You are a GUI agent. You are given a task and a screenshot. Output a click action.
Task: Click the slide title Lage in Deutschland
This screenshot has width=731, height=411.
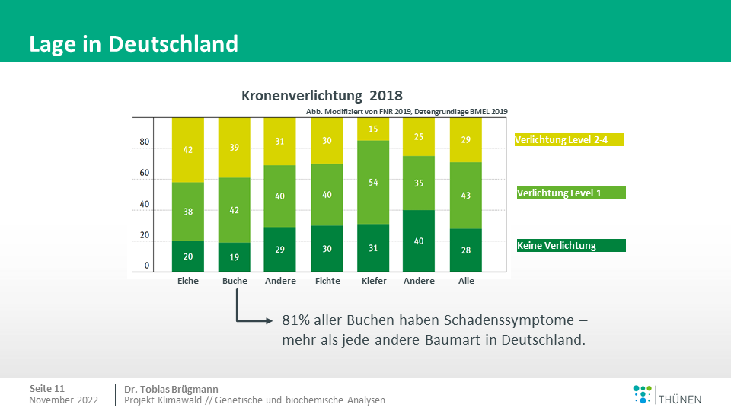tap(133, 43)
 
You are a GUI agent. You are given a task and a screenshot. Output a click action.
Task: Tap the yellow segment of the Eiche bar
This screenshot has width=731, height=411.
tap(188, 150)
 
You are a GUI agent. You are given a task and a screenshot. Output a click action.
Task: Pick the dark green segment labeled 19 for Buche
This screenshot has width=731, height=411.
tap(235, 257)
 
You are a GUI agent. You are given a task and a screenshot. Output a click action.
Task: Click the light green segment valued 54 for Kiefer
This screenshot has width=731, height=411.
tap(374, 183)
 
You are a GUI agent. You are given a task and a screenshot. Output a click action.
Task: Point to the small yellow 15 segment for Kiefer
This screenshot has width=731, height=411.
tap(374, 129)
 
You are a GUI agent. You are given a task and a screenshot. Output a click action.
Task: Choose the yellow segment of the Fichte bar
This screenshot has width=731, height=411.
tap(327, 141)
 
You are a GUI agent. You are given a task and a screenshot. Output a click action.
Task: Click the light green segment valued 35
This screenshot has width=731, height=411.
tap(420, 183)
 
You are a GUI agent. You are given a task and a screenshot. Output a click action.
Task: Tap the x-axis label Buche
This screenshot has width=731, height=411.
tap(235, 281)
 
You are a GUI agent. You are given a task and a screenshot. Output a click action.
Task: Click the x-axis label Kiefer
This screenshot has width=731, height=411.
tap(374, 281)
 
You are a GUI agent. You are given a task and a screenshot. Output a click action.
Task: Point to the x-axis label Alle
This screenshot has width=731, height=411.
tap(467, 281)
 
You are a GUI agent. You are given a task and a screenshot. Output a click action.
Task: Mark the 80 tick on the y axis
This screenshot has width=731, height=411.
tap(145, 142)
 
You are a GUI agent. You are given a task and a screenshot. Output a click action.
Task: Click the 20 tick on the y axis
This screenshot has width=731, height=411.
tap(145, 235)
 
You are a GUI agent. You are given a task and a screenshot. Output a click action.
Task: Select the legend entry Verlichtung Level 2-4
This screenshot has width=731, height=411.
tap(569, 139)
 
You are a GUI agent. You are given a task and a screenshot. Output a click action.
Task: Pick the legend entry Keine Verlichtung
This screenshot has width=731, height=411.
tap(570, 245)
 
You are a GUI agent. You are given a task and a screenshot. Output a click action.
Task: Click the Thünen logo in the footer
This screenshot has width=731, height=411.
tap(667, 394)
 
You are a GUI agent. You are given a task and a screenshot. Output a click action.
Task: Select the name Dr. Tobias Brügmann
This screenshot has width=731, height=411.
tap(171, 388)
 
